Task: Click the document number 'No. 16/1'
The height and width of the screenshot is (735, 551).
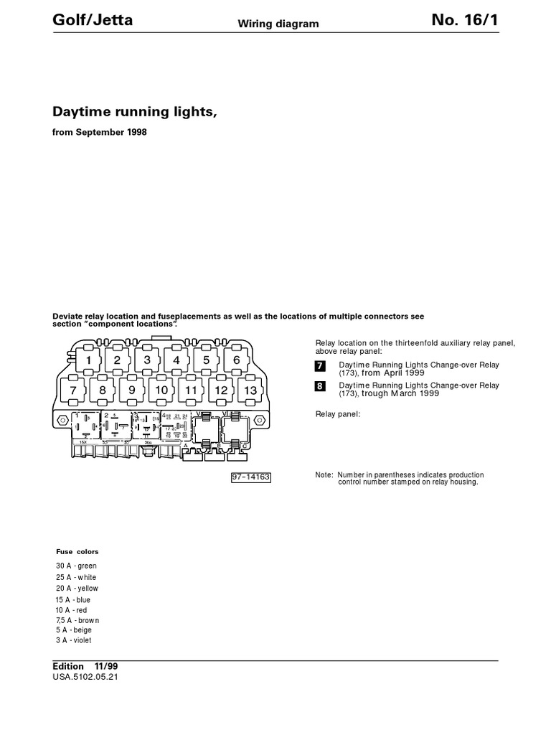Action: coord(464,21)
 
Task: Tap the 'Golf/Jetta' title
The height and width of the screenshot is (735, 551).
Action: coord(93,21)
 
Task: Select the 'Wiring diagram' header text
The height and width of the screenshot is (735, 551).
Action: coord(278,24)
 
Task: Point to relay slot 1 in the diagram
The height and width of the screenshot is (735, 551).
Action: coord(89,360)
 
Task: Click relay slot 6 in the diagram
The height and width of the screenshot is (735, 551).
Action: coord(236,360)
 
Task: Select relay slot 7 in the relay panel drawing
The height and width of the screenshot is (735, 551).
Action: coord(73,390)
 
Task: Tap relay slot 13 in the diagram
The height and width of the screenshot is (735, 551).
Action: coord(250,390)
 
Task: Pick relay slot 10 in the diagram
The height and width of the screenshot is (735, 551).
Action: coord(162,390)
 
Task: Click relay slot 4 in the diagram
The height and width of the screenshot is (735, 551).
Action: coord(176,360)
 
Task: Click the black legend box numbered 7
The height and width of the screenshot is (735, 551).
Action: coord(321,366)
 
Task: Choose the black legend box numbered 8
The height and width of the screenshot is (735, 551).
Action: coord(321,386)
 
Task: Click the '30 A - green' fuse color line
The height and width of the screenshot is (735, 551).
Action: coord(76,566)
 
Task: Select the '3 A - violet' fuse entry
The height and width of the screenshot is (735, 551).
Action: coord(74,640)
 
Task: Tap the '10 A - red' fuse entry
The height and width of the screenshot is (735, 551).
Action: coord(71,610)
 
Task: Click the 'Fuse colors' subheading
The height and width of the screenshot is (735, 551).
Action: coord(77,552)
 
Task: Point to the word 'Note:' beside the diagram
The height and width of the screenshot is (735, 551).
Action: coord(324,475)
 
